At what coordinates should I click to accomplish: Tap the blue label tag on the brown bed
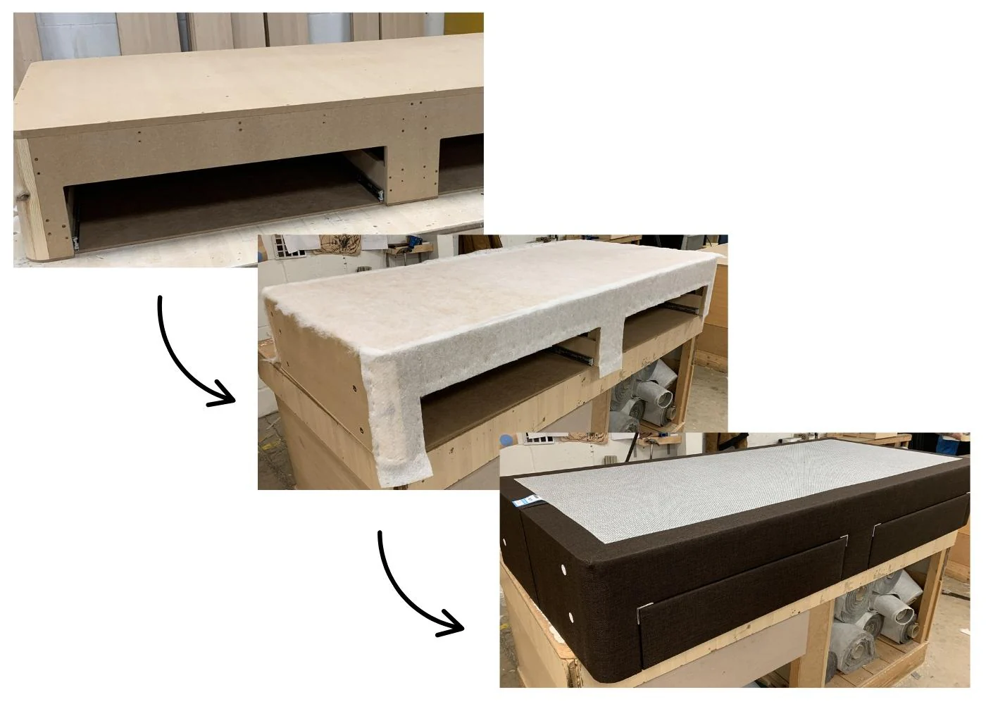(x=529, y=502)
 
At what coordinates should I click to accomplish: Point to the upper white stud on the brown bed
(x=564, y=567)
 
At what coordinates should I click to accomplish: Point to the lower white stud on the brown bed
(x=570, y=617)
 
